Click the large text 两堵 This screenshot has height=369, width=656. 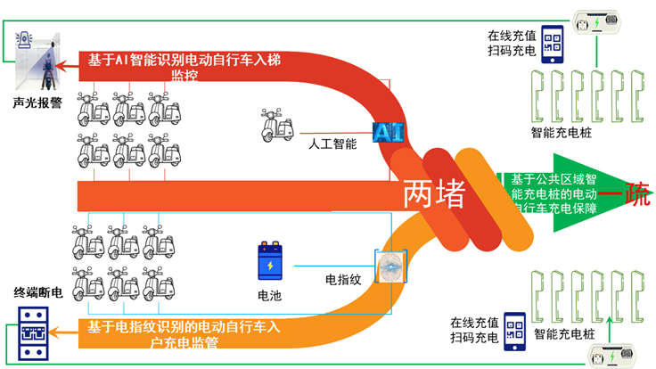click(434, 193)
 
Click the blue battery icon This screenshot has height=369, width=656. click(270, 261)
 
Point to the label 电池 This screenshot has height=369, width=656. click(270, 294)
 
